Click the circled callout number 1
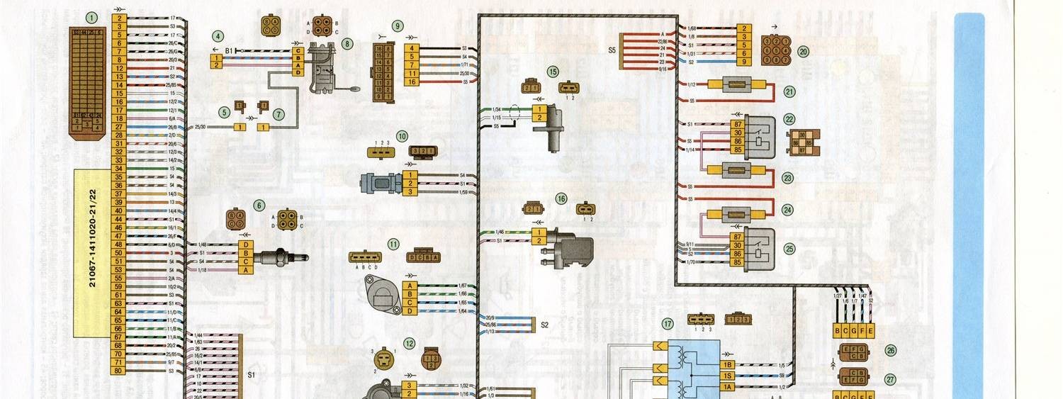coord(91,16)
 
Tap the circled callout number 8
coord(347,43)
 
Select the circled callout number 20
coord(803,51)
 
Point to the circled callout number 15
coord(553,72)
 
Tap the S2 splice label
coord(544,325)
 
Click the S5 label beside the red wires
coord(612,50)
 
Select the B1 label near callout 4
coord(230,51)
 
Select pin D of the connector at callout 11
coord(409,311)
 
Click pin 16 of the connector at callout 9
coord(411,82)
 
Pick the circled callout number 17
coord(667,324)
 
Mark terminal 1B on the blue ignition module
coord(727,364)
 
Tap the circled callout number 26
coord(890,350)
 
